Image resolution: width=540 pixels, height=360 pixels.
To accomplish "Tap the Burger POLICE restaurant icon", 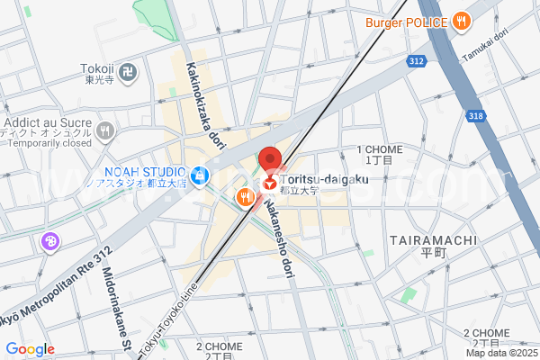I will click(461, 22).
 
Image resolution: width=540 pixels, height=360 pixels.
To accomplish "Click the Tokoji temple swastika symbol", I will click(130, 68).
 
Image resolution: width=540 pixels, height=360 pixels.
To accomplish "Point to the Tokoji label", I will click(96, 68).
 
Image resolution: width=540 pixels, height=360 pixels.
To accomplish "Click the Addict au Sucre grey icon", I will click(106, 130).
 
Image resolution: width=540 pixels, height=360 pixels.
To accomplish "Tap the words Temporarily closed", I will click(50, 143).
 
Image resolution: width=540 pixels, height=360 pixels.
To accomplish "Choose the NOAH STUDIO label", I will click(145, 172).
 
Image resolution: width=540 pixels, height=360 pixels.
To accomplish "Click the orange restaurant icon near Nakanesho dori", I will click(243, 196).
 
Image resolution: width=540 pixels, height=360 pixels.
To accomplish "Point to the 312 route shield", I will click(416, 61).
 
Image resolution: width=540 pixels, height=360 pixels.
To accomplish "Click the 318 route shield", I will click(477, 115).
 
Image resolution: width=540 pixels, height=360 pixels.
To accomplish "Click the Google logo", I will click(30, 349).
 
